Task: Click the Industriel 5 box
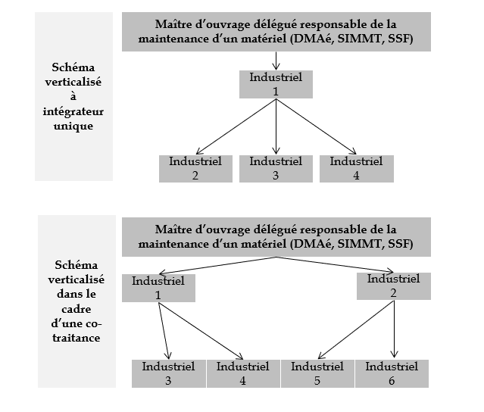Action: [x=317, y=373]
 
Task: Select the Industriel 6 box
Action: [x=392, y=373]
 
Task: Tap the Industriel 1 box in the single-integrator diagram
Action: [x=276, y=83]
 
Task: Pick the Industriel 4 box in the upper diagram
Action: [x=356, y=167]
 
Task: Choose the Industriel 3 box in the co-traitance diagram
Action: [x=168, y=373]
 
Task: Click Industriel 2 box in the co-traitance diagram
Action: [x=392, y=286]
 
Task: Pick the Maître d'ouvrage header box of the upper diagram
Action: [x=275, y=31]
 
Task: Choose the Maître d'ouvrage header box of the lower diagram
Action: [x=275, y=236]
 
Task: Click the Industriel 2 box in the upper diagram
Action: [x=195, y=167]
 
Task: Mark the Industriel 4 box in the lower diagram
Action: [x=242, y=373]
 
